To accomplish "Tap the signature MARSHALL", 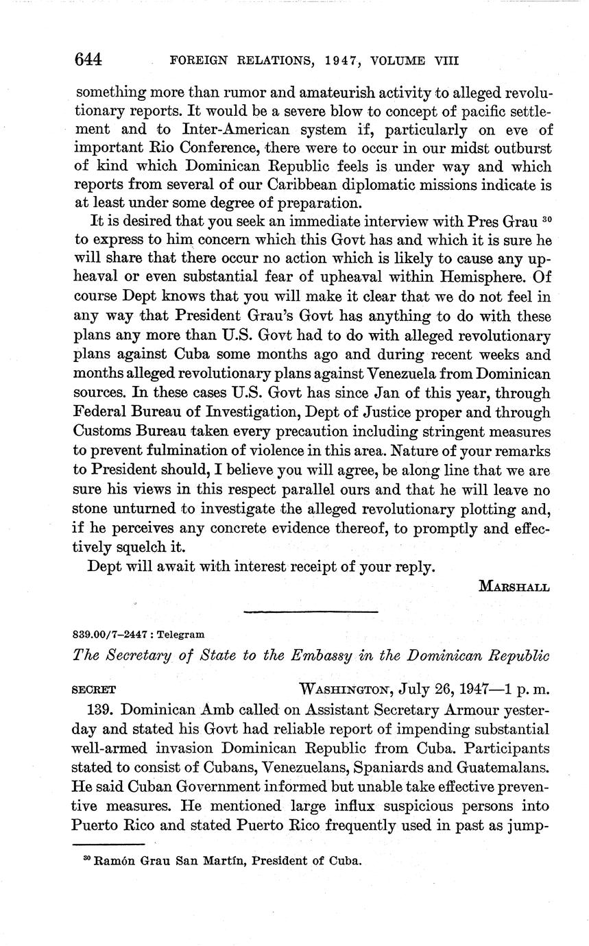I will [x=514, y=587].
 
